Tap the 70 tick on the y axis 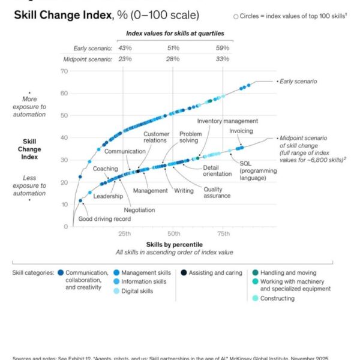pos(64,71)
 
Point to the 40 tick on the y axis pos(64,137)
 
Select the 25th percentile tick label pos(124,233)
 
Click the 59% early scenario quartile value pos(223,48)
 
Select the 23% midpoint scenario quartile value pos(124,59)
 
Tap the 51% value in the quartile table pos(173,48)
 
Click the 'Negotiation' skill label pos(139,210)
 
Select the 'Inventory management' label pos(227,121)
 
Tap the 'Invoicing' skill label pos(241,131)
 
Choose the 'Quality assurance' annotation pos(217,192)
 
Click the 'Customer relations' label pos(157,137)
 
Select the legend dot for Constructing pos(255,298)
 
